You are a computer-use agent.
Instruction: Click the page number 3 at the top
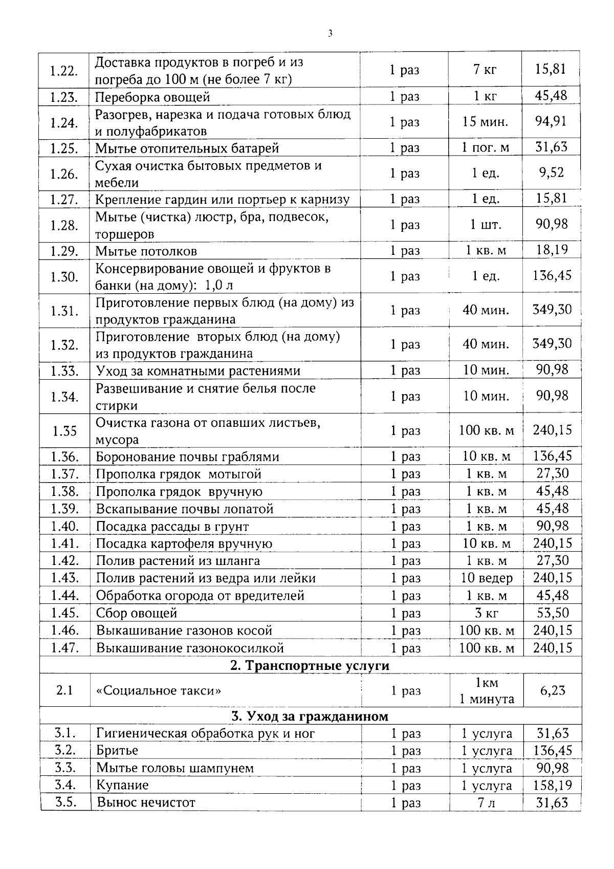coord(330,34)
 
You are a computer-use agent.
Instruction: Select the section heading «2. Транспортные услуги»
coord(310,665)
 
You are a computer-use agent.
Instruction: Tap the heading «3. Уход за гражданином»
coord(310,716)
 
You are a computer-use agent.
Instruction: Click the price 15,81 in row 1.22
coord(551,69)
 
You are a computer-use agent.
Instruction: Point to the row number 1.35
coord(64,431)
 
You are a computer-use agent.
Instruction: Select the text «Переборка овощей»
coord(152,97)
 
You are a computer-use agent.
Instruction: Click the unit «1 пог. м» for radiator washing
coord(485,148)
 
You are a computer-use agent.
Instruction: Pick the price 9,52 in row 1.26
coord(551,173)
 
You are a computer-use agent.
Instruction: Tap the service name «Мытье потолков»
coord(146,251)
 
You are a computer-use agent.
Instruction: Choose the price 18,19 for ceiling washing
coord(552,250)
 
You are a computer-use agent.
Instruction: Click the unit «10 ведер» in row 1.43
coord(486,578)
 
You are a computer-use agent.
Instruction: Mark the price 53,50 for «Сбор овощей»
coord(553,613)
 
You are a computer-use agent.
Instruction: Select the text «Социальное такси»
coord(159,690)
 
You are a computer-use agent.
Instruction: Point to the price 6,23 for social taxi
coord(553,690)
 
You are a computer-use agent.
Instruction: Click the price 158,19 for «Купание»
coord(553,785)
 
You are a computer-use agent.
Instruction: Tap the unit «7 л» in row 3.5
coord(486,803)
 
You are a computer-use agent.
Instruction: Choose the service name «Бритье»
coord(117,751)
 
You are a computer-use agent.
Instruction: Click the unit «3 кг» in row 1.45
coord(486,613)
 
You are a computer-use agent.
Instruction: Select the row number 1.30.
coord(64,277)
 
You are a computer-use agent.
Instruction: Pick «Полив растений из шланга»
coord(178,561)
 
